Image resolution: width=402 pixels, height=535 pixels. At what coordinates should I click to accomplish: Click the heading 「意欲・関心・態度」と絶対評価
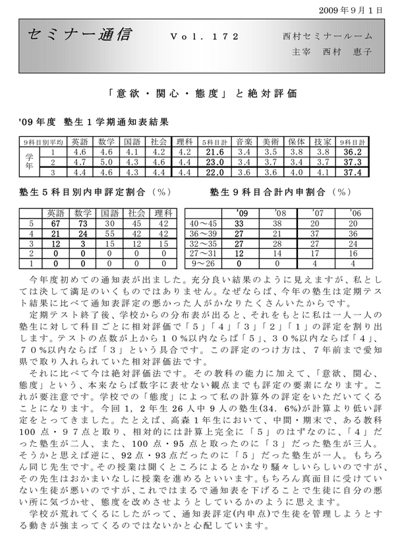pos(200,93)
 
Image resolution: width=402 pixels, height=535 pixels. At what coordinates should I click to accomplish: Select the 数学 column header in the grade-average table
pos(107,141)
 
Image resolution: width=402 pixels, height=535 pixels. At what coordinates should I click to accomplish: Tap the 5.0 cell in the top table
pos(107,161)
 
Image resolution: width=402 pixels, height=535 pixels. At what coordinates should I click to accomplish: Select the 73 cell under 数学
pos(83,222)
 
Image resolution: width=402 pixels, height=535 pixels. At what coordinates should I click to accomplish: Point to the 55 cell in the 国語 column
pos(107,232)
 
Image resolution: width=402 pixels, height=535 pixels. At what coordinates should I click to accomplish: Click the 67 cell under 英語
pos(57,222)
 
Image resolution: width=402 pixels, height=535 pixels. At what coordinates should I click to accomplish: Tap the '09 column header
pos(241,213)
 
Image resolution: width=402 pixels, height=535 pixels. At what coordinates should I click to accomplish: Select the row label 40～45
pos(204,222)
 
